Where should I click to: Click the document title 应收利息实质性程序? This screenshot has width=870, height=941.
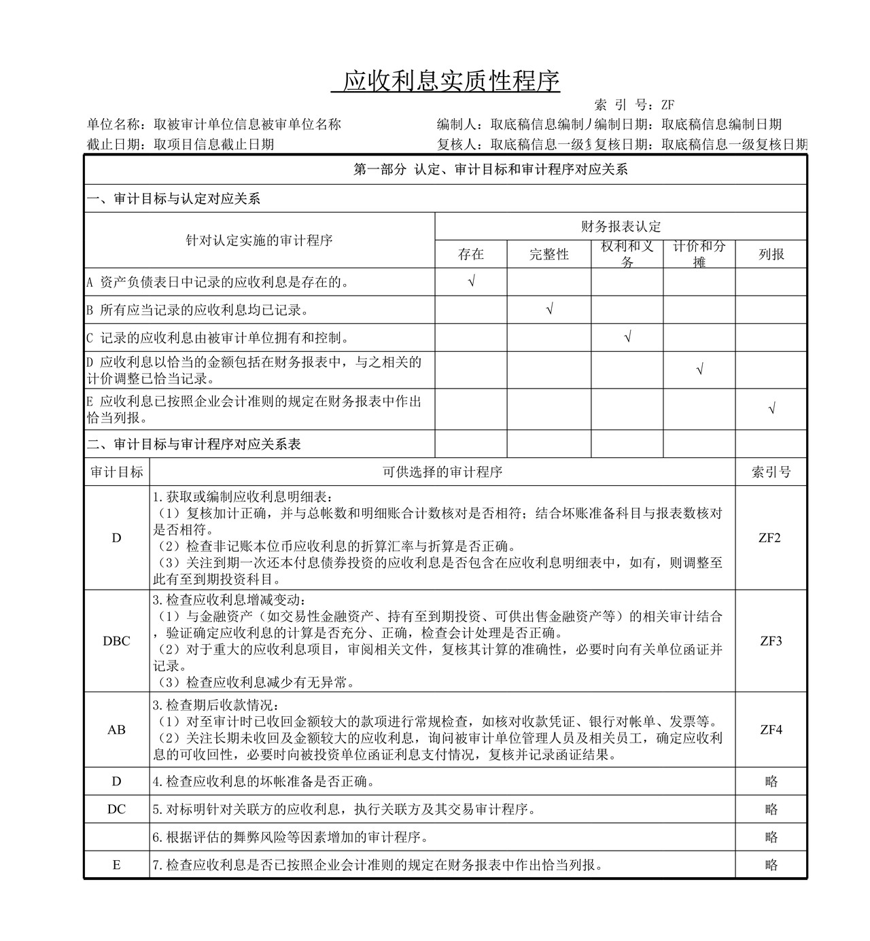451,81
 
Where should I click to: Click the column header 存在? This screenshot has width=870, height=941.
471,254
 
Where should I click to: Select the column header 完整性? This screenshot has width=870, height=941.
549,254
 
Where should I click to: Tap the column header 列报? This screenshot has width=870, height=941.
771,254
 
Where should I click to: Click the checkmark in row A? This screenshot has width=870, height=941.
471,281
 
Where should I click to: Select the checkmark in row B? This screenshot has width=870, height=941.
549,310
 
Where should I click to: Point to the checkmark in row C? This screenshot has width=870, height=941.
627,337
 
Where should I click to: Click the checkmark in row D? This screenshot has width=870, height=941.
699,370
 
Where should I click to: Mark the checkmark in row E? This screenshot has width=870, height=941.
771,409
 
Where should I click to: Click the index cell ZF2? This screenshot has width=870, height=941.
771,537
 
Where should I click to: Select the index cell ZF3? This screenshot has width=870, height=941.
771,641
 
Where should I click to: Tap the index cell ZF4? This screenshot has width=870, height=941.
771,730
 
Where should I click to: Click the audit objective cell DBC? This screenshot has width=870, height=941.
116,641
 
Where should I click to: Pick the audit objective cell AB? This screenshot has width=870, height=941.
116,730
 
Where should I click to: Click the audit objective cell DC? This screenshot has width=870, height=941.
116,809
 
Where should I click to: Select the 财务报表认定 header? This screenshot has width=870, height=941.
621,226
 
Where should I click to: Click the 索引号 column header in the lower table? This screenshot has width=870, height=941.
771,472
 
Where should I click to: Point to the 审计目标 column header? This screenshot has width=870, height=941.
116,472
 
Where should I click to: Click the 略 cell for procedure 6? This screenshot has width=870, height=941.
771,837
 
